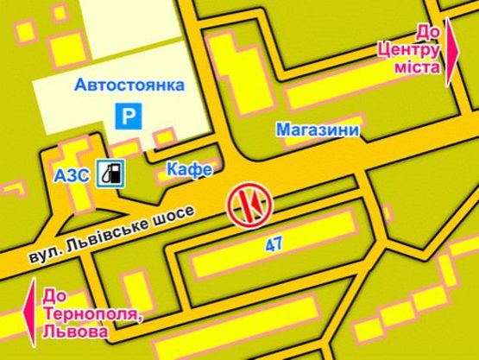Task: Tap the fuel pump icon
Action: [110, 174]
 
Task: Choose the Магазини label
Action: [318, 129]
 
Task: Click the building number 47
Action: [274, 245]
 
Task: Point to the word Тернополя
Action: [91, 314]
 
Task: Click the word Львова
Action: [79, 331]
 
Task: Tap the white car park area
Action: [78, 104]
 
